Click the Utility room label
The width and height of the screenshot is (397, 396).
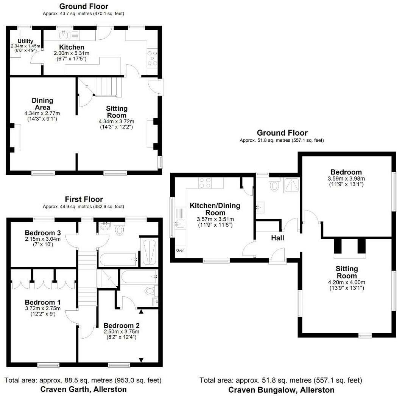pyautogui.click(x=25, y=41)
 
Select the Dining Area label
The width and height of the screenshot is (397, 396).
pyautogui.click(x=42, y=104)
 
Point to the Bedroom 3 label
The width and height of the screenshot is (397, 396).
pyautogui.click(x=43, y=232)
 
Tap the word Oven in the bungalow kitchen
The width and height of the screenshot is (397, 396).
pyautogui.click(x=181, y=250)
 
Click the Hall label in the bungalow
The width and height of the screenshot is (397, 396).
pyautogui.click(x=277, y=238)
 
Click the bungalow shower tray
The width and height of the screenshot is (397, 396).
pyautogui.click(x=292, y=185)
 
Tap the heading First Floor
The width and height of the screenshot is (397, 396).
pyautogui.click(x=84, y=199)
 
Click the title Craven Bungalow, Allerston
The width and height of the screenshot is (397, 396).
pyautogui.click(x=281, y=390)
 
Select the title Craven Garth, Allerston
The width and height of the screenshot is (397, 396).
pyautogui.click(x=83, y=389)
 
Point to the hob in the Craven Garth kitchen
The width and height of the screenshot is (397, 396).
pyautogui.click(x=152, y=57)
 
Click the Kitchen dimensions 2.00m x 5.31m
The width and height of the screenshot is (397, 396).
pyautogui.click(x=71, y=54)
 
